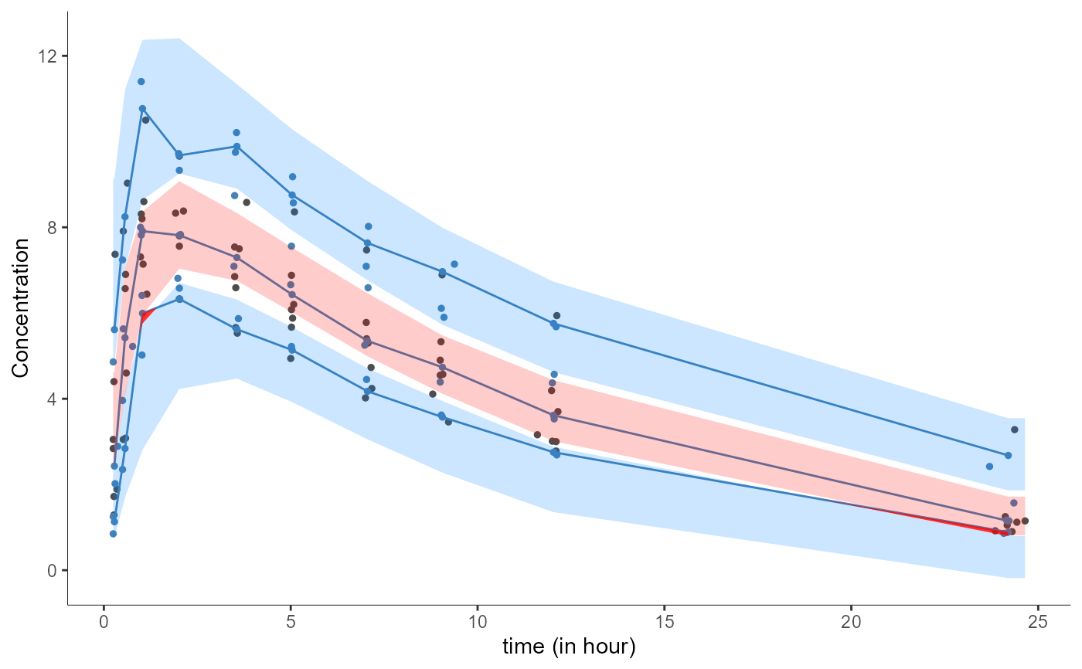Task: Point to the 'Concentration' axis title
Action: click(21, 307)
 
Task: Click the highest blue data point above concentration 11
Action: click(141, 81)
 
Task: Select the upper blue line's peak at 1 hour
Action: click(142, 109)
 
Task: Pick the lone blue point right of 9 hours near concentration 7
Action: click(454, 264)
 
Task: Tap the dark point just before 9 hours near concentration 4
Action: click(433, 394)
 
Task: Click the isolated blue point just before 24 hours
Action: click(989, 467)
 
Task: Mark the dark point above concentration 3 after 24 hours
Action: click(1015, 430)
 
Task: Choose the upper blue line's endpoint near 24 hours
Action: click(1008, 456)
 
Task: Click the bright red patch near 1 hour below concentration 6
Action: click(146, 316)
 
